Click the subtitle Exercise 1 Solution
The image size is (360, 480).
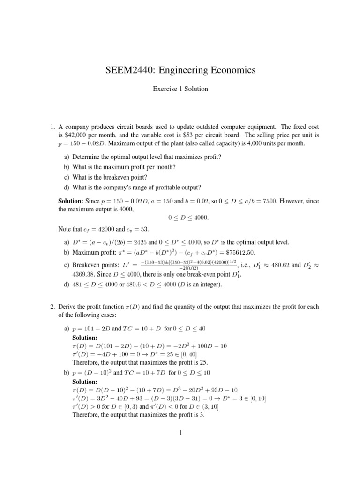tap(180, 89)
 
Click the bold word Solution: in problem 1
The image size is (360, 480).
tap(71, 201)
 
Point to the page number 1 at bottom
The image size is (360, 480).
tap(180, 433)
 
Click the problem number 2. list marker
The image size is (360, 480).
tap(53, 307)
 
